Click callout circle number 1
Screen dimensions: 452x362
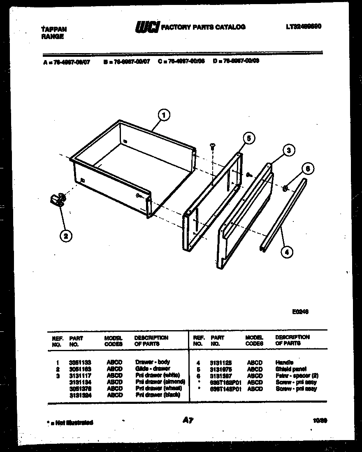click(164, 116)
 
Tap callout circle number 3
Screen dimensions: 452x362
click(289, 151)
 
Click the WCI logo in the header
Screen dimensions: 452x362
click(146, 28)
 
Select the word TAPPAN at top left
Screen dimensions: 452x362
click(54, 30)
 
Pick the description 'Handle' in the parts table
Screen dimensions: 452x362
click(284, 363)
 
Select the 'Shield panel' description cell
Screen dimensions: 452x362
click(291, 369)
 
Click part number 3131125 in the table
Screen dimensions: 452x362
click(220, 363)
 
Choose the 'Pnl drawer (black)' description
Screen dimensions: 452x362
click(158, 395)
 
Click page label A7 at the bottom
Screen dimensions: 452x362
click(188, 421)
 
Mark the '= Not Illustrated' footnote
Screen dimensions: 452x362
click(69, 422)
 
